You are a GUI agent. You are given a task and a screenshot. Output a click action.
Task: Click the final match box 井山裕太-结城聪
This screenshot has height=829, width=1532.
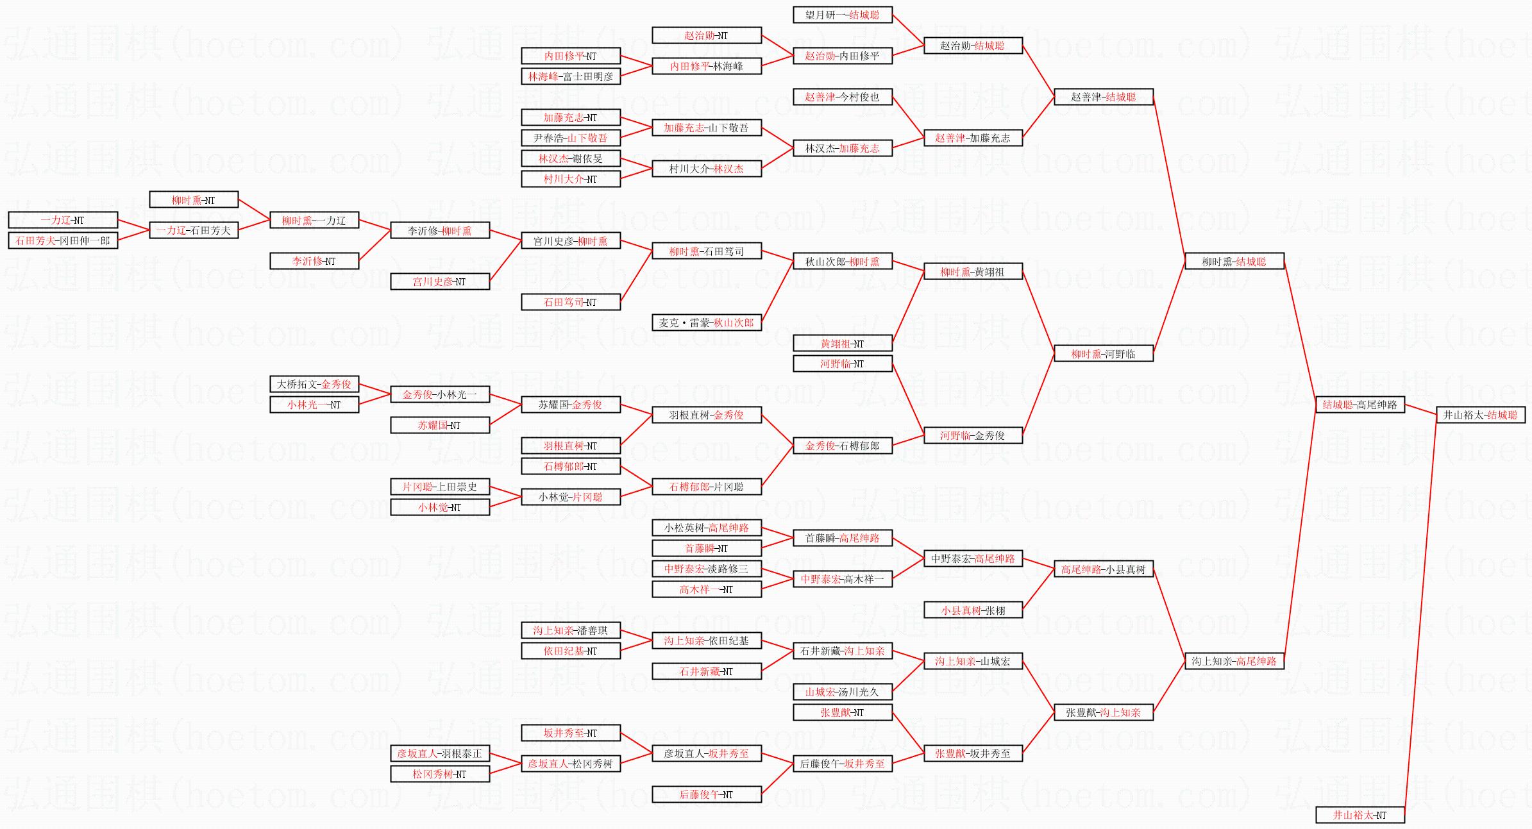[x=1480, y=415]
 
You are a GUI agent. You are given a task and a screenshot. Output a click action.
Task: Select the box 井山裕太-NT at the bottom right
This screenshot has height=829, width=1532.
[x=1359, y=815]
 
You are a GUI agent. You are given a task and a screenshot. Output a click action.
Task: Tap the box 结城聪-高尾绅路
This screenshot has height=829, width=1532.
[x=1359, y=405]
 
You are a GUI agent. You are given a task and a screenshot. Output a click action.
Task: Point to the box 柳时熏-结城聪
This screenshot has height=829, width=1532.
[x=1234, y=262]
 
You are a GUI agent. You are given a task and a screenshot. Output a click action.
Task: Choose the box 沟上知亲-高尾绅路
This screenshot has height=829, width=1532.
[x=1234, y=661]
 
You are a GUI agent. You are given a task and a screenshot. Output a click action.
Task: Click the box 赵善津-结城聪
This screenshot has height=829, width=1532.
[x=1103, y=97]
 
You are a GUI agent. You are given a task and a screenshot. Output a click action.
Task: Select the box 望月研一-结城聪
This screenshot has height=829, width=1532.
[x=842, y=15]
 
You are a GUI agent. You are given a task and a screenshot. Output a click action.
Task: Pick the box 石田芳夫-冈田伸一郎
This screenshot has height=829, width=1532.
[x=63, y=240]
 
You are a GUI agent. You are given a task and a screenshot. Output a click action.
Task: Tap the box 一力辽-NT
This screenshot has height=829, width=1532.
[x=63, y=220]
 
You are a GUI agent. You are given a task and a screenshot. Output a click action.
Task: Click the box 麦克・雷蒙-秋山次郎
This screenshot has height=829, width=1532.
[x=706, y=322]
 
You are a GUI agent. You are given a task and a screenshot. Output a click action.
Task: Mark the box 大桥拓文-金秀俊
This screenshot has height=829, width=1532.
[x=314, y=384]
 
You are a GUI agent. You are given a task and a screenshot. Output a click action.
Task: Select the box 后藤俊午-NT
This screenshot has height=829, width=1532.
[x=706, y=794]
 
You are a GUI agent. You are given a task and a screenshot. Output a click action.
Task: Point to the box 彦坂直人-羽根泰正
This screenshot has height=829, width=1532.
[x=439, y=753]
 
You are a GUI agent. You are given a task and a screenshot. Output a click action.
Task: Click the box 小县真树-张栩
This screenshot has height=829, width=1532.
[x=973, y=610]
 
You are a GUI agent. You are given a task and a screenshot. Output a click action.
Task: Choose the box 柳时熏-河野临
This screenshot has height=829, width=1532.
[x=1103, y=353]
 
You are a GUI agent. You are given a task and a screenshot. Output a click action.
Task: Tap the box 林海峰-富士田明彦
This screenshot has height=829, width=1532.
[x=570, y=76]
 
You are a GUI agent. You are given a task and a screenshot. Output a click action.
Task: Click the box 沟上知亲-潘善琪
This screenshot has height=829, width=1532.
[x=570, y=630]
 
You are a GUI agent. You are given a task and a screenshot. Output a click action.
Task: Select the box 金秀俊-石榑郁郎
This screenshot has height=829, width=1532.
[x=842, y=446]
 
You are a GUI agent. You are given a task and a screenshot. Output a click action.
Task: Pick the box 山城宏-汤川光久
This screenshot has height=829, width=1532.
[x=842, y=692]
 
